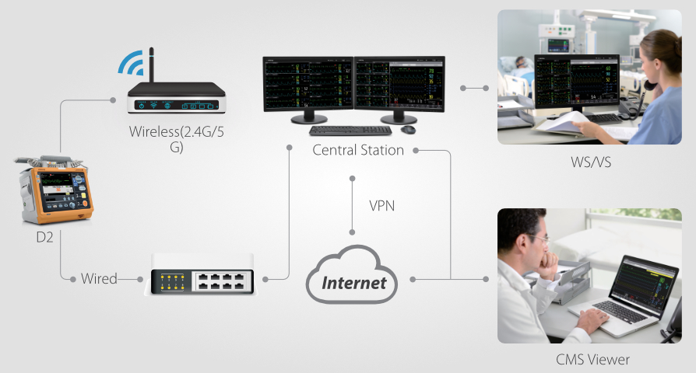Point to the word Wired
point(99,278)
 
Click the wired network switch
point(202,279)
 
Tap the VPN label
point(382,206)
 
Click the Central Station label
point(357,150)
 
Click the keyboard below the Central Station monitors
point(339,131)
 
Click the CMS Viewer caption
point(592,359)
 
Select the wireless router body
point(176,102)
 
